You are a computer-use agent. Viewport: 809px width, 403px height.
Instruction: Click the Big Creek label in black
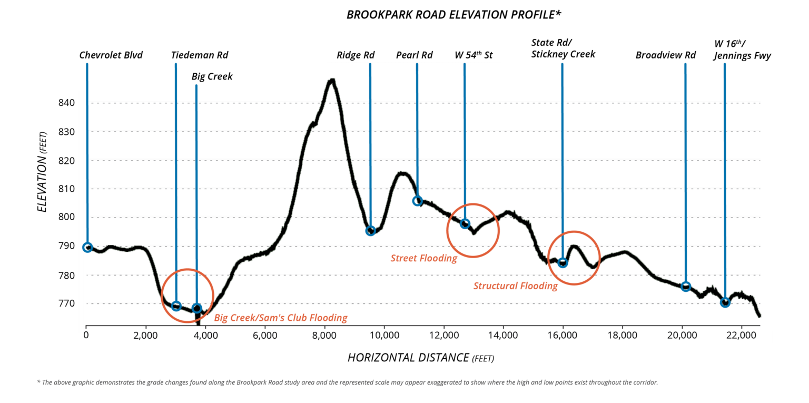point(212,77)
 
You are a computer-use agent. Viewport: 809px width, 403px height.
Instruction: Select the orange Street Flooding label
point(423,258)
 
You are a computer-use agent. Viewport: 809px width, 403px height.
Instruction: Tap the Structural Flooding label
point(515,286)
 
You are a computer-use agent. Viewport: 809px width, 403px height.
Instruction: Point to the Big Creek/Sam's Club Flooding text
point(280,318)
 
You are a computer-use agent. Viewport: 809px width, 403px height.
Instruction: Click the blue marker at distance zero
point(87,247)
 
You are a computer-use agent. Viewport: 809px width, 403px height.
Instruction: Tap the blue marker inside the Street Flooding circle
point(465,223)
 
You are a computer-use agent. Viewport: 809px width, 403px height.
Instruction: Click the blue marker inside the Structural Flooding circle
point(563,262)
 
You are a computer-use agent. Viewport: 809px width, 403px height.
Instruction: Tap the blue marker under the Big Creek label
point(196,308)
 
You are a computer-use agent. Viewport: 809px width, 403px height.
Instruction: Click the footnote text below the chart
point(347,382)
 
